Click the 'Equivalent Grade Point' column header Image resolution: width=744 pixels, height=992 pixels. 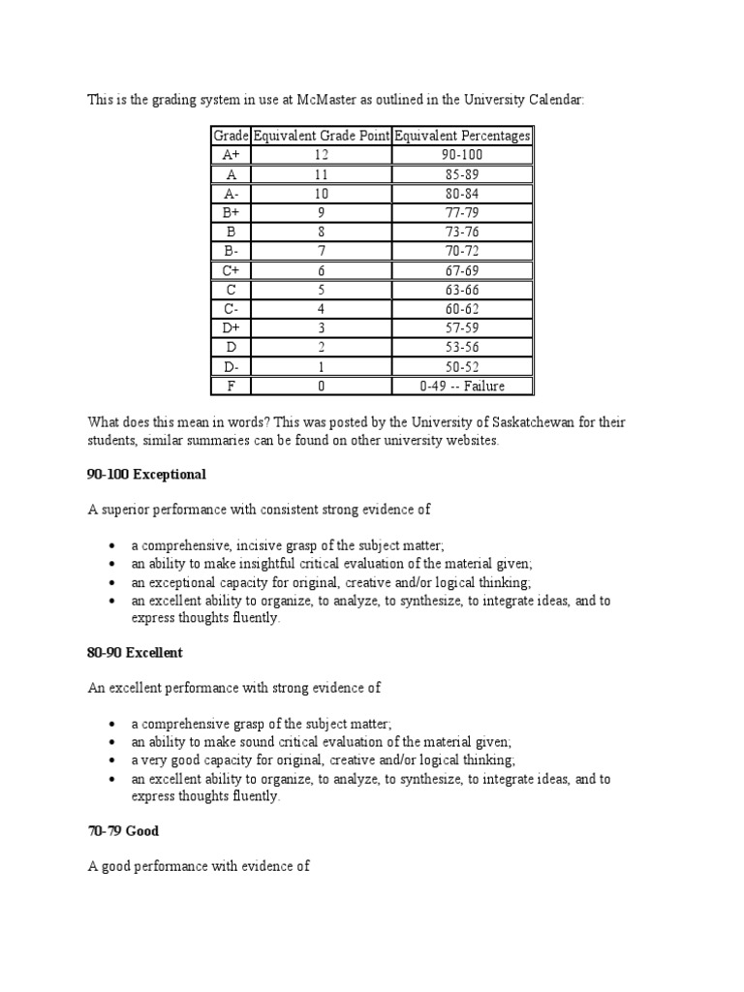[321, 136]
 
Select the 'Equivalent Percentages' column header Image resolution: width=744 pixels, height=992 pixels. [461, 136]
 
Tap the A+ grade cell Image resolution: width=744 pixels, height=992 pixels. [231, 155]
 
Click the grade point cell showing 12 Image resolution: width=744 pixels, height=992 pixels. [321, 155]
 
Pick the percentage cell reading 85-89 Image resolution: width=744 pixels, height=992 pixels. [461, 174]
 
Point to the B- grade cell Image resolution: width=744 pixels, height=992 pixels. [231, 252]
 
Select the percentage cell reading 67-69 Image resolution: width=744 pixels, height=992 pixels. [461, 271]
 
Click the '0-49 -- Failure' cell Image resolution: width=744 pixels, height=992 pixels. [461, 387]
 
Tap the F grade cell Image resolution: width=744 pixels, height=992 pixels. [231, 387]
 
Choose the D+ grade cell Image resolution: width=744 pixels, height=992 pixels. [231, 328]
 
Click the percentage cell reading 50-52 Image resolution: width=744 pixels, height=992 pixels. [461, 367]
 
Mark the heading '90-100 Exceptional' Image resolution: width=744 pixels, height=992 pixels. [146, 475]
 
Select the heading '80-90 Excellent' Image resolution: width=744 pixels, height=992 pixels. [135, 653]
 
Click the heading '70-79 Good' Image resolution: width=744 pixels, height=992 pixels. [123, 831]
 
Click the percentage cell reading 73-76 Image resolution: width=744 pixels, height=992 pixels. [461, 232]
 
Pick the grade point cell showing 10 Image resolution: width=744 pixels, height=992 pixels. [321, 194]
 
